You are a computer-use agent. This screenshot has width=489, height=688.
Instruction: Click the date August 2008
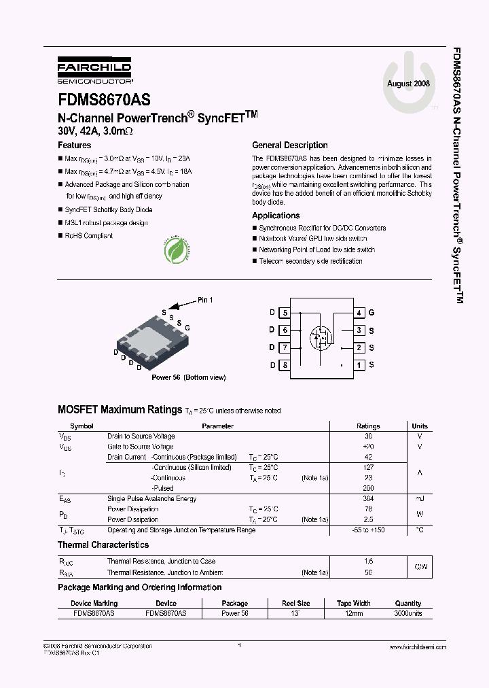click(x=408, y=84)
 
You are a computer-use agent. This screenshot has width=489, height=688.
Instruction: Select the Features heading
click(x=74, y=145)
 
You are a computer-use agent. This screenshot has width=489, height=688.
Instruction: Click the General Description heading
click(x=289, y=145)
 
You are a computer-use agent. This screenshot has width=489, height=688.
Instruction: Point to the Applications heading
click(x=276, y=216)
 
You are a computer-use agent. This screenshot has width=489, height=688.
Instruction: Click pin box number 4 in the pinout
click(x=359, y=313)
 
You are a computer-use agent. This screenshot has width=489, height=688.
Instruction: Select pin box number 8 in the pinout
click(x=285, y=365)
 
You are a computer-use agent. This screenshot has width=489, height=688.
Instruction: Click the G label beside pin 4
click(x=372, y=313)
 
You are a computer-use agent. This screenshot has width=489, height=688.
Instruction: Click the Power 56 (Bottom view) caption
click(x=188, y=377)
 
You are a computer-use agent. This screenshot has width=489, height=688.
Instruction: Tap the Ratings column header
click(x=368, y=426)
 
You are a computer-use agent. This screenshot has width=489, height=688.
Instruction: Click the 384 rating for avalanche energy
click(x=368, y=498)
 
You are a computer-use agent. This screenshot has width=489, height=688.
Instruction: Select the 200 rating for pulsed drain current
click(x=368, y=488)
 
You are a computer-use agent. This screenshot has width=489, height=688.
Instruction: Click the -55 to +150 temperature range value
click(x=368, y=530)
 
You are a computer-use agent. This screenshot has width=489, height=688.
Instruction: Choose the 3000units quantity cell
click(x=407, y=613)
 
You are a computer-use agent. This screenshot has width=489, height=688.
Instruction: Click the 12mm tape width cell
click(x=353, y=613)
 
